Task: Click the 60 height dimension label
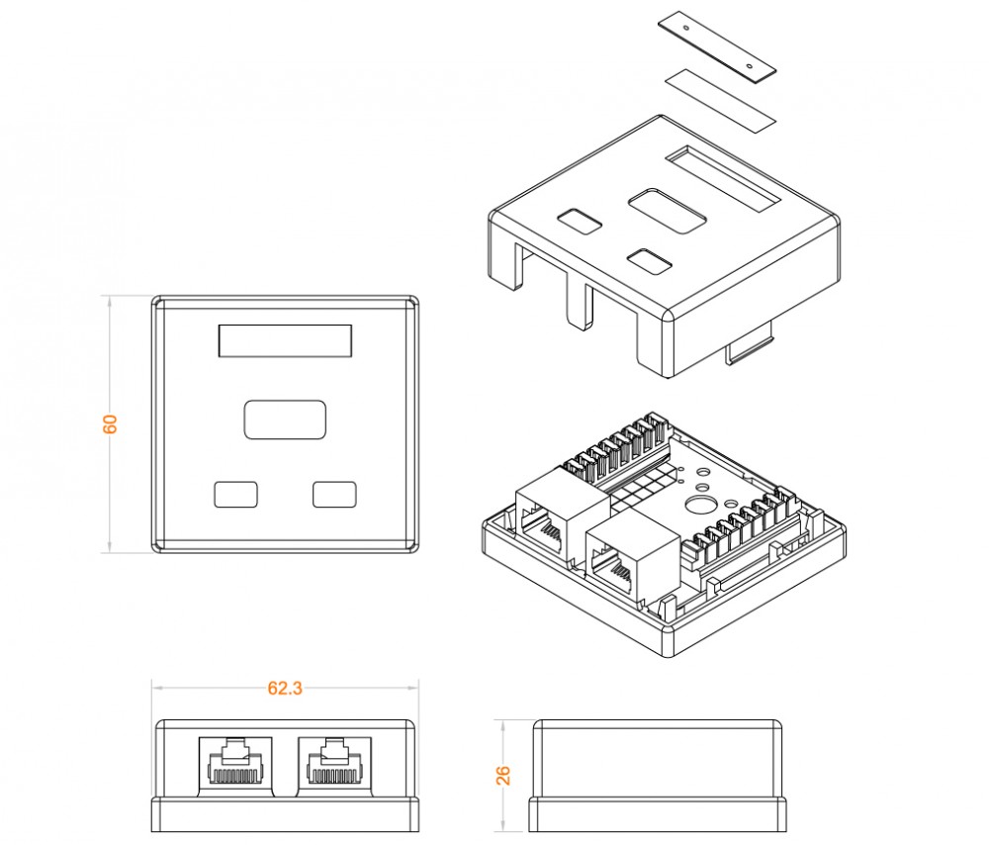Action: point(111,422)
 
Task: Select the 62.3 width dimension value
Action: point(284,689)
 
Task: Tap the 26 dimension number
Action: point(503,774)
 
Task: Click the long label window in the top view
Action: point(285,340)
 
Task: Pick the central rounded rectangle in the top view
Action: point(285,419)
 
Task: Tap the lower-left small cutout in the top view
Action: point(235,494)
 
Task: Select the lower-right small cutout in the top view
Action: point(334,494)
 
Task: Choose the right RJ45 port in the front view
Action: point(335,763)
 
